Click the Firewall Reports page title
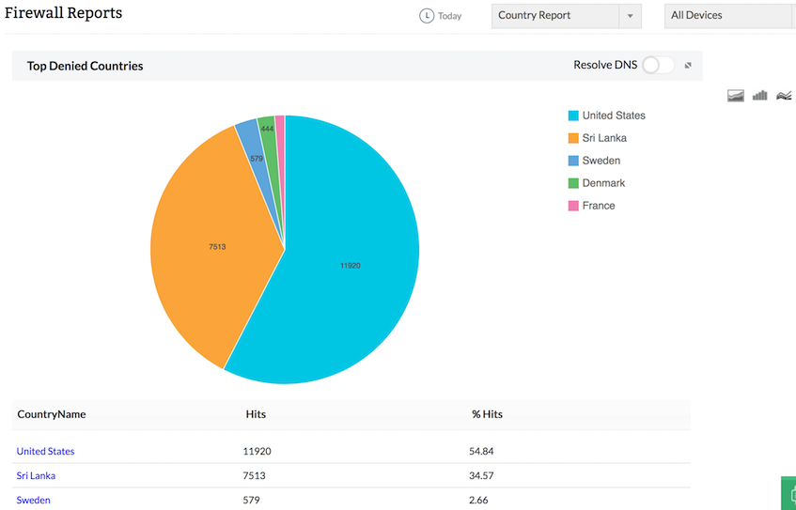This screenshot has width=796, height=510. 63,14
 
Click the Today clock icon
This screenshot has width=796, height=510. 428,16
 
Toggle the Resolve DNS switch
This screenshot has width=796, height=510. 658,65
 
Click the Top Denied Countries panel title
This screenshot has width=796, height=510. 85,66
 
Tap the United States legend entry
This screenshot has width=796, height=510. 613,116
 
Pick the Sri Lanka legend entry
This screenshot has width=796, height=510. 603,138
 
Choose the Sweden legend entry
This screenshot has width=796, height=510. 601,161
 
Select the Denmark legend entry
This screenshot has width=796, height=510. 602,183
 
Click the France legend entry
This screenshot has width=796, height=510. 598,206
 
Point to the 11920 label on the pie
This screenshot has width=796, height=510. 351,266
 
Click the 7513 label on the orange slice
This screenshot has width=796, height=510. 217,247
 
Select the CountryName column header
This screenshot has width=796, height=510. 52,414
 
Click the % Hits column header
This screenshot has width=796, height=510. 487,414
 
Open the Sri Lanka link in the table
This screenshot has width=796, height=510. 36,475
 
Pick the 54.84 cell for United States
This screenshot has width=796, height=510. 481,451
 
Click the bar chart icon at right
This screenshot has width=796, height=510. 759,95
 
